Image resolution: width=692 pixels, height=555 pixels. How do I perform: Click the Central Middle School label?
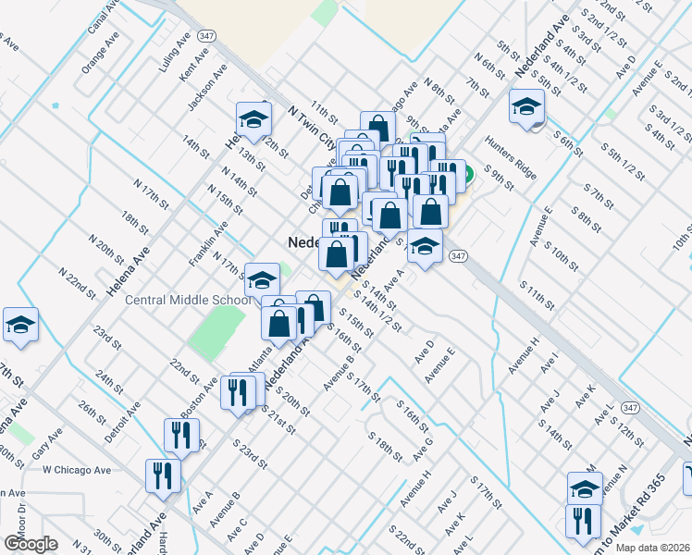pos(188,300)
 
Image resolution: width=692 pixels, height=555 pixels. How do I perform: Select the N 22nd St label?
pos(78,282)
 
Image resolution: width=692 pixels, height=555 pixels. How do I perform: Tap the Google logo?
pos(31,544)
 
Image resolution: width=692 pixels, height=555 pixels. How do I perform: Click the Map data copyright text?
pos(653,548)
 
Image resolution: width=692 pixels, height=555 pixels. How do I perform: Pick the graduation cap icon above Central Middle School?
pos(263,279)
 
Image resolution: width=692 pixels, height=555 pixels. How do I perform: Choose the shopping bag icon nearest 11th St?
pos(377,127)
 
